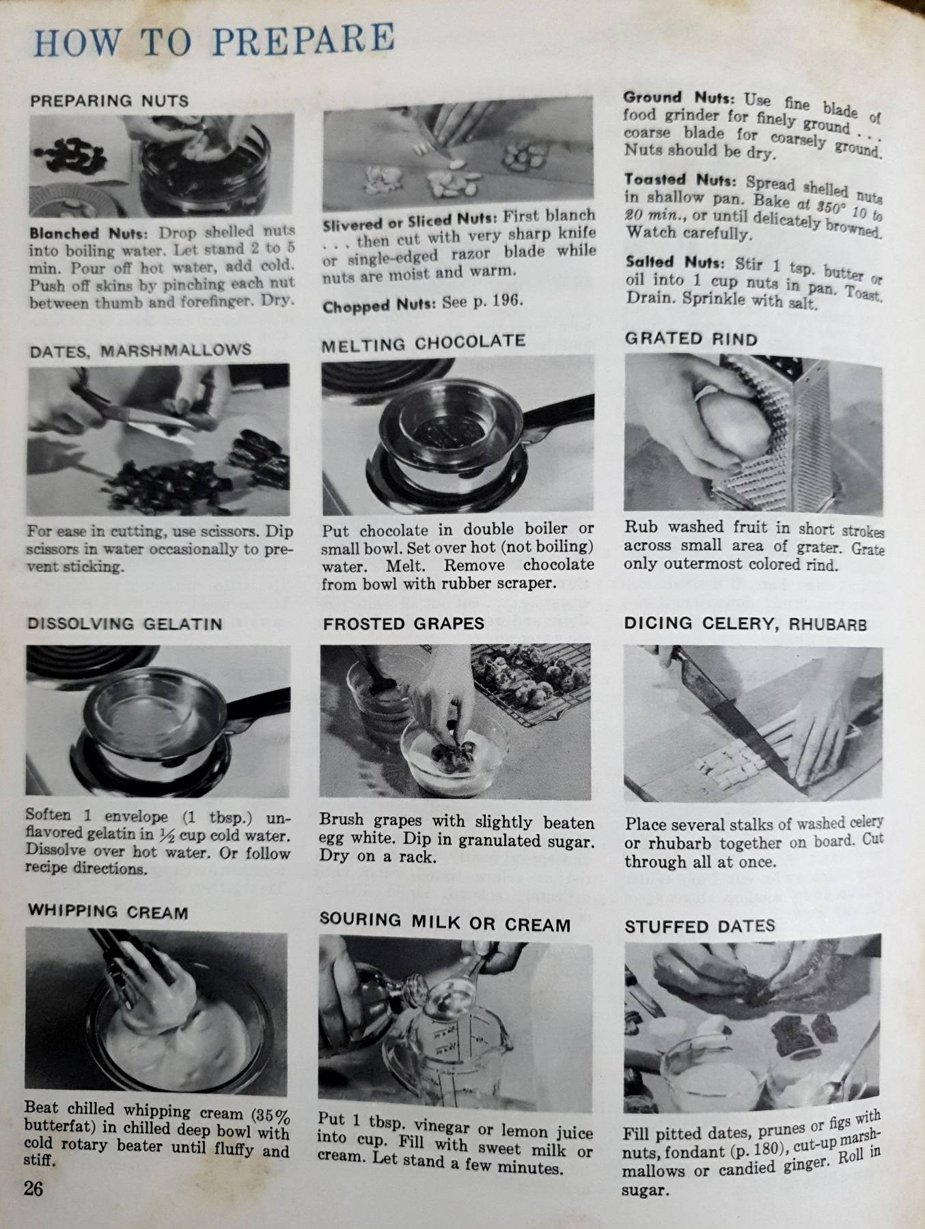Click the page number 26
(33, 1189)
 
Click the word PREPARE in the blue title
(303, 39)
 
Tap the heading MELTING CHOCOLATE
(423, 343)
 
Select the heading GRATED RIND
(691, 339)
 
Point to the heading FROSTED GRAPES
(403, 623)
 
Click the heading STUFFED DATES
(700, 927)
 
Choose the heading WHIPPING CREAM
(107, 912)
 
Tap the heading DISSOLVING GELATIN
(124, 623)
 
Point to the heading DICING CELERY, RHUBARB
(745, 623)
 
